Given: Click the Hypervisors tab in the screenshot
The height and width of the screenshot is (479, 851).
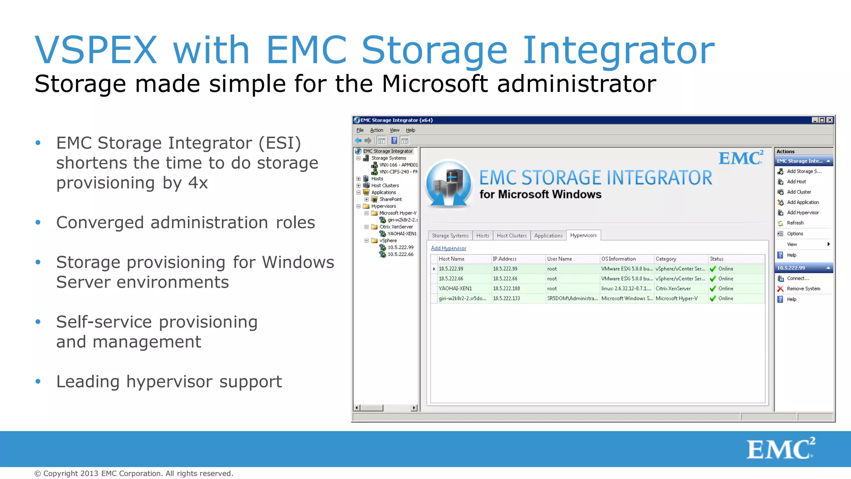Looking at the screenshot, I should pyautogui.click(x=583, y=235).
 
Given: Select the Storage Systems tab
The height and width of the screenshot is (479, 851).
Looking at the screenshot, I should pyautogui.click(x=450, y=236).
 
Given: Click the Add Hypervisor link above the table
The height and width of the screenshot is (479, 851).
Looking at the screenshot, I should pyautogui.click(x=448, y=248).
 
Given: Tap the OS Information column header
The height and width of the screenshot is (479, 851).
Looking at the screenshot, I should pyautogui.click(x=618, y=259).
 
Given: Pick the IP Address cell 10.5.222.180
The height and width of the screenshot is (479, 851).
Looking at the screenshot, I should pyautogui.click(x=506, y=289).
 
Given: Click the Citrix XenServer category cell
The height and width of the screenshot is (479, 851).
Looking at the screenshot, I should pyautogui.click(x=673, y=289).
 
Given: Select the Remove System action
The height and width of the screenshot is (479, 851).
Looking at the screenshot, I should pyautogui.click(x=803, y=289).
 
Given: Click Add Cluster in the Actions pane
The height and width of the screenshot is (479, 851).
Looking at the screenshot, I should pyautogui.click(x=799, y=192).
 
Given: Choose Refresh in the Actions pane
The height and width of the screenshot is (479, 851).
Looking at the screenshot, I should pyautogui.click(x=795, y=223).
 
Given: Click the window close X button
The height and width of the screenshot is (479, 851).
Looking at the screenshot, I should pyautogui.click(x=830, y=120).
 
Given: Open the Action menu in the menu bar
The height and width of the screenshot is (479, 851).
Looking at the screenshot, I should pyautogui.click(x=376, y=130).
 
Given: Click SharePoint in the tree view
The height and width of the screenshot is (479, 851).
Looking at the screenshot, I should pyautogui.click(x=390, y=199).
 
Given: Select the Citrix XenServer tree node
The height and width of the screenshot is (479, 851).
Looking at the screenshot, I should pyautogui.click(x=396, y=227).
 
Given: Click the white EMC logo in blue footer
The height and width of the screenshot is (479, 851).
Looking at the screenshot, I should pyautogui.click(x=780, y=449).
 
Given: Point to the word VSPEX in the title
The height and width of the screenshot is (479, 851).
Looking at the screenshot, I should pyautogui.click(x=96, y=50).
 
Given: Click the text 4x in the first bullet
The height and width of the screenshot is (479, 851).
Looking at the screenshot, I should pyautogui.click(x=198, y=183).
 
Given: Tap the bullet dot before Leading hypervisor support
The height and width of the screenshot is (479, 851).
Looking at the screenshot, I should pyautogui.click(x=38, y=381).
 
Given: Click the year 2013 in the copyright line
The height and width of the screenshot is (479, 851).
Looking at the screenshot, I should pyautogui.click(x=89, y=474).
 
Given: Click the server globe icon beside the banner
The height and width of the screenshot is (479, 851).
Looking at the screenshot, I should pyautogui.click(x=449, y=183).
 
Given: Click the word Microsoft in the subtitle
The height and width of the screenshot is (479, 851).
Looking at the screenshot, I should pyautogui.click(x=434, y=84).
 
